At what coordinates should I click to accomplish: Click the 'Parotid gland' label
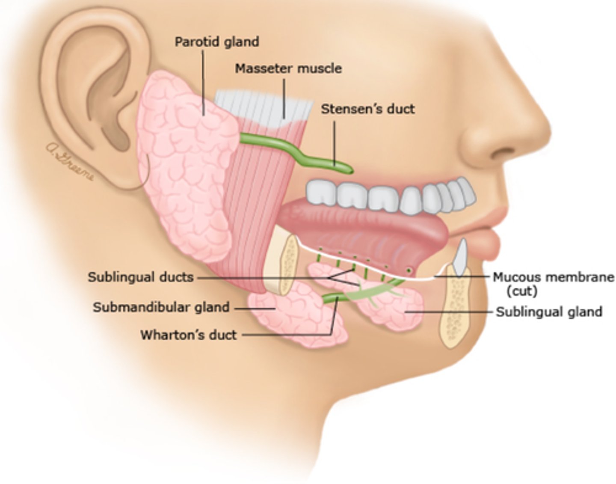point(217,42)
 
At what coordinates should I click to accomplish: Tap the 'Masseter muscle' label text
point(288,68)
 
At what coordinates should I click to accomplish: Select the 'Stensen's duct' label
point(368,109)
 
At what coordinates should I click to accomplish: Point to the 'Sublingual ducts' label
point(141,277)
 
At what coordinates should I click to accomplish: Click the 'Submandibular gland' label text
point(161,307)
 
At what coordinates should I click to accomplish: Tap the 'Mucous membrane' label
point(554,277)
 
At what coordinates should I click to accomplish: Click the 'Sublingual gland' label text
point(549,311)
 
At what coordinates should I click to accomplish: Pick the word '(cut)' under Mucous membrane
point(521,291)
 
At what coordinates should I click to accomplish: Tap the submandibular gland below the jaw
point(299,317)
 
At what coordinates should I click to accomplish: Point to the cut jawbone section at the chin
point(456,308)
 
